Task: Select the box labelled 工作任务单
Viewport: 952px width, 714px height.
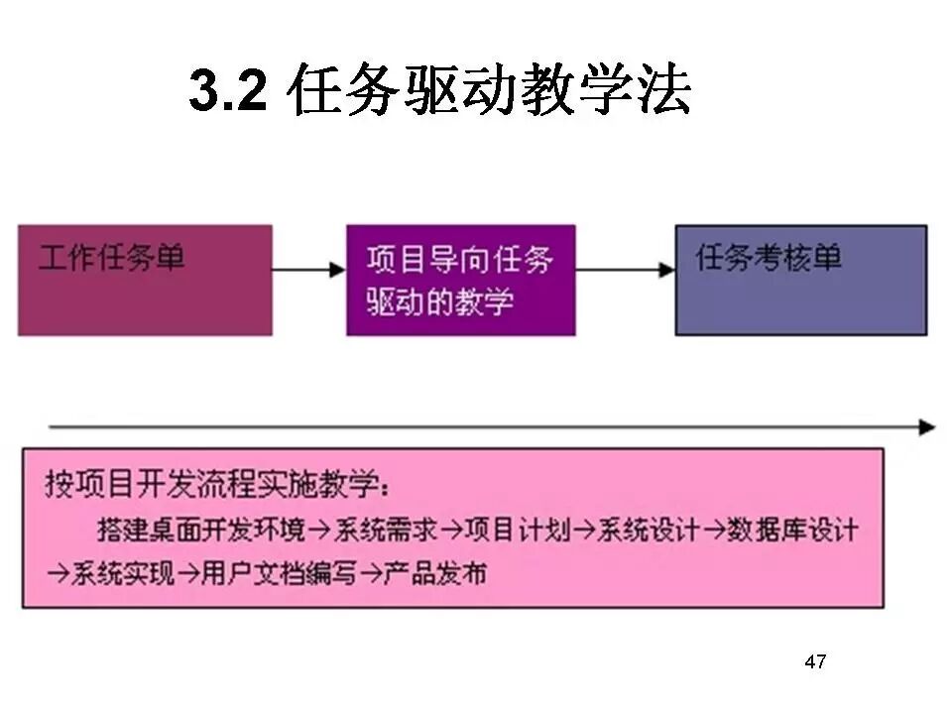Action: (x=145, y=280)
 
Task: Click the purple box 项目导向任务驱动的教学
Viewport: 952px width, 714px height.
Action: (x=460, y=280)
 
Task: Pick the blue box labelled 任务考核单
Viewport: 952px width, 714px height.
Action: (x=801, y=280)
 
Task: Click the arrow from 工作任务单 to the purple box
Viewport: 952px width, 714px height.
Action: (x=308, y=268)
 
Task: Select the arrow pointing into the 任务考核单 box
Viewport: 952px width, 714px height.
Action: (x=625, y=268)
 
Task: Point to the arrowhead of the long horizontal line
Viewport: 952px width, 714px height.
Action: (x=926, y=427)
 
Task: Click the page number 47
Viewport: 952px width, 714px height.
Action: (x=815, y=661)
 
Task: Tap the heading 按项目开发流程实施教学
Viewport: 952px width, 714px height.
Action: (x=218, y=486)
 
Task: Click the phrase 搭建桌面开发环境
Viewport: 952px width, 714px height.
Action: (x=202, y=530)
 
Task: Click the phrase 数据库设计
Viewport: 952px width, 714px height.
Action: (x=792, y=530)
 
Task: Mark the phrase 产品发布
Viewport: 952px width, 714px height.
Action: (x=435, y=573)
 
